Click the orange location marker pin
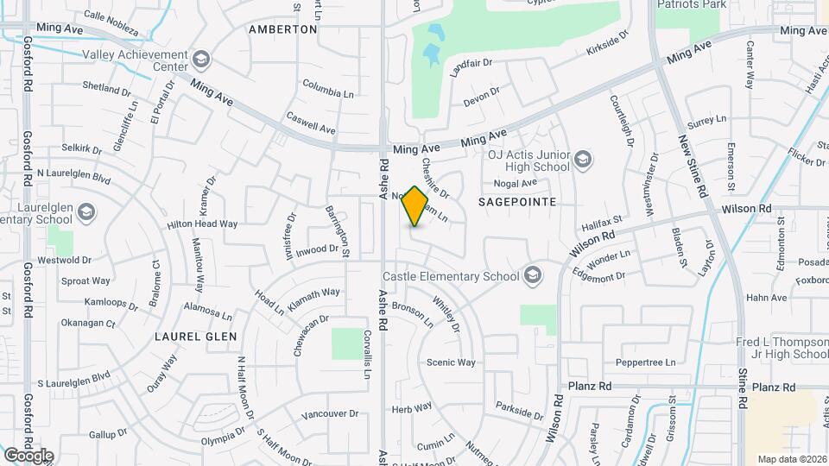(x=415, y=206)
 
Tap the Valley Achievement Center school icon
(x=201, y=59)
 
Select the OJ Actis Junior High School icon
(x=583, y=160)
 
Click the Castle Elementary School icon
(x=533, y=276)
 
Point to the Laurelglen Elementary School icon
(x=85, y=212)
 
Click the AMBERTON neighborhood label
(x=282, y=29)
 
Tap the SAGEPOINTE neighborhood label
(x=516, y=200)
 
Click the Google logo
(x=28, y=455)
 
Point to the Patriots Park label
(x=691, y=4)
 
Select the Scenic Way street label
(x=451, y=362)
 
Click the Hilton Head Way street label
(x=202, y=224)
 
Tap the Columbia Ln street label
(x=328, y=89)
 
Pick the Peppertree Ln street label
(x=645, y=362)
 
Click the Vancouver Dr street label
(x=329, y=414)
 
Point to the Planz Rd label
(x=590, y=387)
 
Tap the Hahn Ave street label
(x=766, y=298)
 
